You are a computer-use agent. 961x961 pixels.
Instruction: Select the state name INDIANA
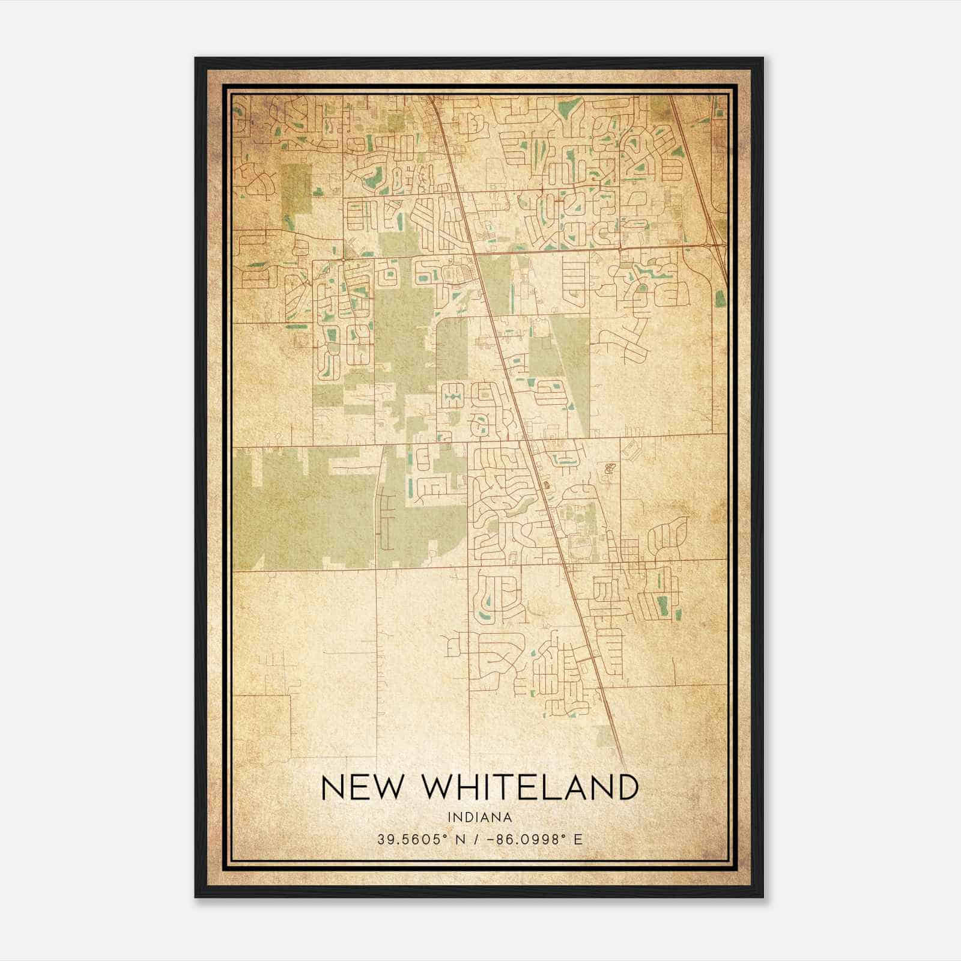click(x=479, y=817)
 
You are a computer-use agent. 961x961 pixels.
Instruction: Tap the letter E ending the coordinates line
click(x=578, y=839)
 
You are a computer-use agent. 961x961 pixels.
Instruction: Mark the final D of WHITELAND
click(x=626, y=787)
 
